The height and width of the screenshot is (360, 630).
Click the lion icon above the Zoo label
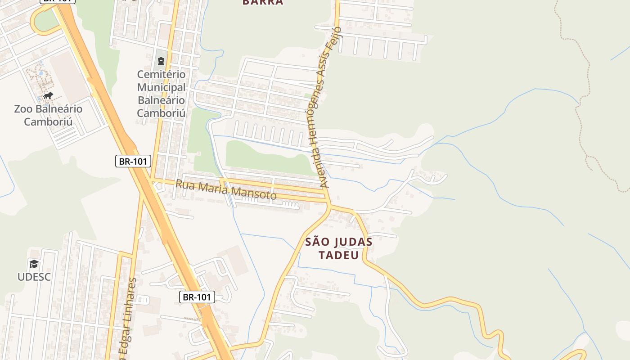coord(48,95)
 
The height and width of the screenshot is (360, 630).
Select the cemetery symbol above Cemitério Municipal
coord(161,61)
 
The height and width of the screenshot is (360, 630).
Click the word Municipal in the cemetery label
coord(161,87)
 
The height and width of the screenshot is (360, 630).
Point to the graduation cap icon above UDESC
coord(34,264)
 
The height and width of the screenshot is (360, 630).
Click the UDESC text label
coord(34,277)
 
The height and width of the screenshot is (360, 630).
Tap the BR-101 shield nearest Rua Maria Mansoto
coord(133,161)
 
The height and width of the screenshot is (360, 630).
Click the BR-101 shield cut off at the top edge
coord(58,1)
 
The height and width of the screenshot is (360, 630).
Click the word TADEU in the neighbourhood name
coord(338,255)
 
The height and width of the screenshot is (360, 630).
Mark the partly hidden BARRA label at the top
coord(263,2)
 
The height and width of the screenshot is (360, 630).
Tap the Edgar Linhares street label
coord(128,315)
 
